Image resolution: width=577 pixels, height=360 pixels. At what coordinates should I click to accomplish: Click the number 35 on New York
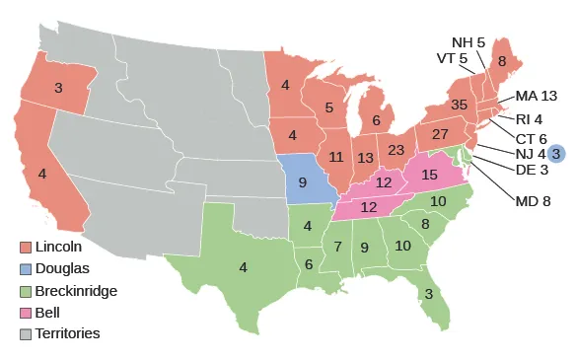click(459, 104)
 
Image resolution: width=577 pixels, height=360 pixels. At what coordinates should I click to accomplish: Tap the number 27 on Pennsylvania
click(440, 133)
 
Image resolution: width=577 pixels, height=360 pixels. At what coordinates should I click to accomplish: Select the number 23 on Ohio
click(397, 150)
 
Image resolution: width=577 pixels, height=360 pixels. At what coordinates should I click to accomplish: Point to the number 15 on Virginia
click(429, 175)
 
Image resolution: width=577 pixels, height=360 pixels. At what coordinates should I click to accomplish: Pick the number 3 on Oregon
click(58, 88)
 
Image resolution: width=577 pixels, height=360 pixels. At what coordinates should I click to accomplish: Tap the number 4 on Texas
click(242, 264)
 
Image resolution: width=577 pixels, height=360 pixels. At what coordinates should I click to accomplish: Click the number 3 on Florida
click(428, 294)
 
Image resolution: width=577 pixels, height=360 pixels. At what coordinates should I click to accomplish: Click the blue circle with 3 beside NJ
click(555, 153)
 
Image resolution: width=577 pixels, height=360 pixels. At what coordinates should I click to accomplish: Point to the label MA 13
click(537, 96)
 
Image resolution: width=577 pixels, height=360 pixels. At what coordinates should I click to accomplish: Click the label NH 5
click(469, 42)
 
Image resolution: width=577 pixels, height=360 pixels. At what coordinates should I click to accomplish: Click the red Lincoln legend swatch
click(26, 247)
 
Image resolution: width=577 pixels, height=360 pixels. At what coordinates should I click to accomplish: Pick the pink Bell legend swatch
click(26, 312)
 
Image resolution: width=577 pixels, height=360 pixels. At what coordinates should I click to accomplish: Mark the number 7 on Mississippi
click(336, 245)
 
